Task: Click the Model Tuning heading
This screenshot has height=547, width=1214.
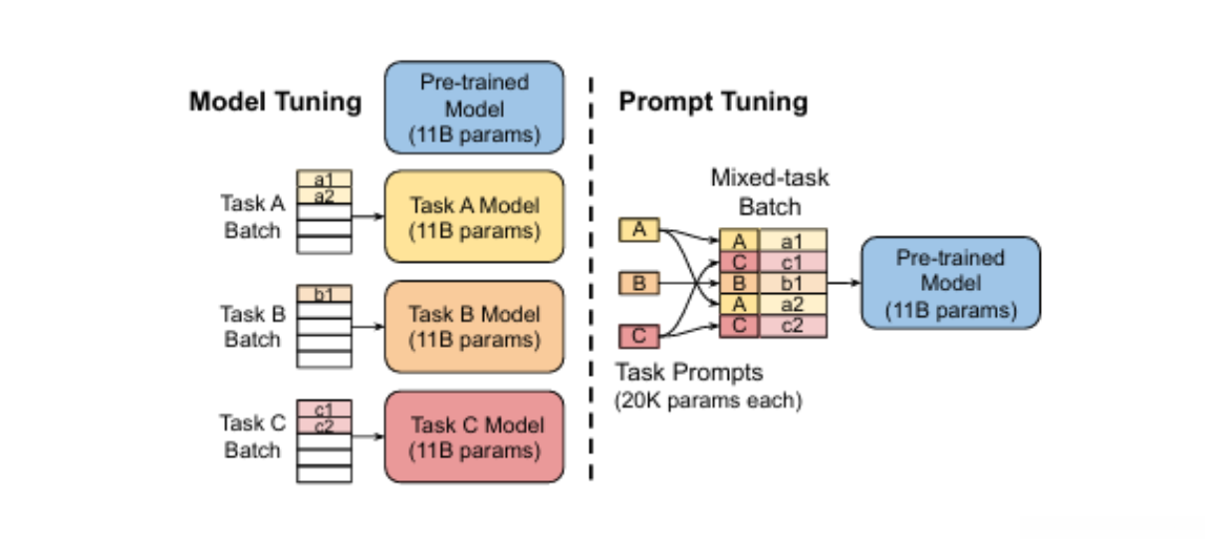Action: point(275,102)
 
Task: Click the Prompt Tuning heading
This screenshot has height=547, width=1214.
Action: point(713,102)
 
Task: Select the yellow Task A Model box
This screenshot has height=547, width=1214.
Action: point(474,216)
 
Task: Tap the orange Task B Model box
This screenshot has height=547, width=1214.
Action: point(474,326)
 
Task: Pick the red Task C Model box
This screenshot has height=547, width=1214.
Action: point(474,436)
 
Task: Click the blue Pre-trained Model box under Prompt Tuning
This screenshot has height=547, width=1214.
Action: point(949,283)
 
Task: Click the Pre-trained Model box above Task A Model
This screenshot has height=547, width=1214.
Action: point(474,108)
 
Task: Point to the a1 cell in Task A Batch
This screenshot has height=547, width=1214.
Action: point(325,179)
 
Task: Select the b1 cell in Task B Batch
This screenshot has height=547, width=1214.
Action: point(325,295)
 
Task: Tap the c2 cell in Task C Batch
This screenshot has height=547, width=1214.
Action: point(325,426)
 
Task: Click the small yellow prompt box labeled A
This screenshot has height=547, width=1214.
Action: point(639,230)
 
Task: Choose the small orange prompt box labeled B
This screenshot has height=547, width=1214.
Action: point(639,284)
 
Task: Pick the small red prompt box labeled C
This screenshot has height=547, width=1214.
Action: point(639,337)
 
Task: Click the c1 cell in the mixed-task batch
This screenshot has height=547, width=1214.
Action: point(793,261)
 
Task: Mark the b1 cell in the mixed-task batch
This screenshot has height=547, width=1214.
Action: point(793,283)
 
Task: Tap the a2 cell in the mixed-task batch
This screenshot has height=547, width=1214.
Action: point(793,304)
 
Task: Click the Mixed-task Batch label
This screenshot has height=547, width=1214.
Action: point(769,191)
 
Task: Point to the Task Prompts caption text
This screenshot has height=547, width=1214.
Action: point(689,373)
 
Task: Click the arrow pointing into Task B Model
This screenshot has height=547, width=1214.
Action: point(367,326)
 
